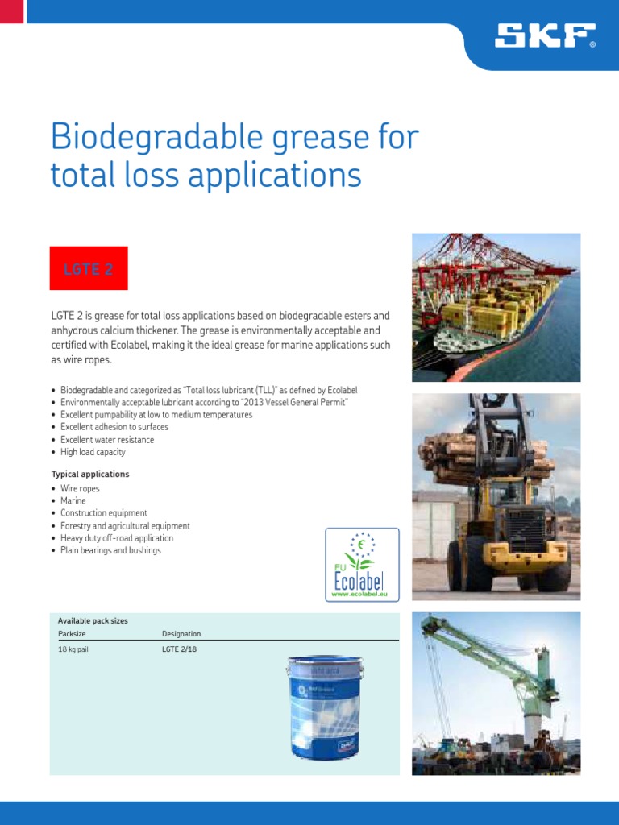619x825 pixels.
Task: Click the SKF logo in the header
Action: (546, 35)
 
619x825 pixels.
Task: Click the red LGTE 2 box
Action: (89, 268)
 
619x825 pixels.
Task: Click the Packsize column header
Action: (72, 634)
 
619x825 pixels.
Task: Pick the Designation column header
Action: (181, 634)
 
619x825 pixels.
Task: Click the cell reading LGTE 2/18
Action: (179, 649)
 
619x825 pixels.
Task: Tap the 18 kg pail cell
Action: (73, 649)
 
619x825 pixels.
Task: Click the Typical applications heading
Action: (90, 475)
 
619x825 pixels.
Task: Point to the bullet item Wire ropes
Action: (80, 489)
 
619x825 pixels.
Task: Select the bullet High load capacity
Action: (93, 453)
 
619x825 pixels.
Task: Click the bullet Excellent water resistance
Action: (106, 440)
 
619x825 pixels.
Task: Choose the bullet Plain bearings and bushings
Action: (110, 551)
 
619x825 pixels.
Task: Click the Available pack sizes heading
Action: (93, 621)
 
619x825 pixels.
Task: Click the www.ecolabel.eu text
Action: (361, 594)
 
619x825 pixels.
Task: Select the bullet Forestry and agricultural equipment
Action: (125, 526)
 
